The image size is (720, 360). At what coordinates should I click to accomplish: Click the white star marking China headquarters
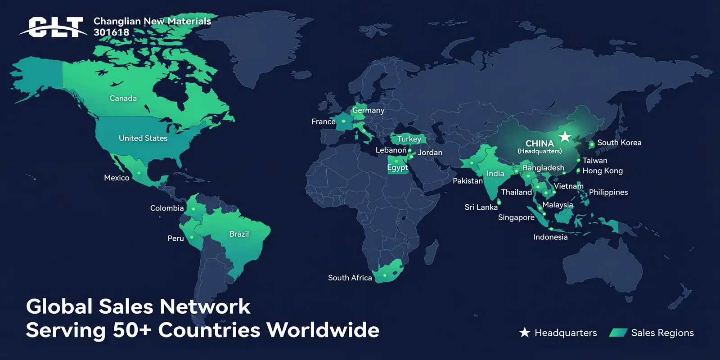pyautogui.click(x=565, y=136)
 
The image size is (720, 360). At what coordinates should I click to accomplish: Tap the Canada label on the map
pyautogui.click(x=123, y=98)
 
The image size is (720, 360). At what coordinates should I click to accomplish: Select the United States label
pyautogui.click(x=143, y=138)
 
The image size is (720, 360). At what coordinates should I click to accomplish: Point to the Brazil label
pyautogui.click(x=239, y=234)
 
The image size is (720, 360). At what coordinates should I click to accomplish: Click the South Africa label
pyautogui.click(x=350, y=278)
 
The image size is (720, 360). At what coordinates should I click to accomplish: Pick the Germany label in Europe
pyautogui.click(x=368, y=110)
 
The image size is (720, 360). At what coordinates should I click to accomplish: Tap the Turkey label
pyautogui.click(x=409, y=139)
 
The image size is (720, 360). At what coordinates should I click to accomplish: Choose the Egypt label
pyautogui.click(x=397, y=167)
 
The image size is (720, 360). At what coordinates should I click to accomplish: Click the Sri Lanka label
pyautogui.click(x=481, y=207)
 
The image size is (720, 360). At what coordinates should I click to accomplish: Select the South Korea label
pyautogui.click(x=619, y=143)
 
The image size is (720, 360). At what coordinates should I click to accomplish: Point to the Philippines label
pyautogui.click(x=608, y=192)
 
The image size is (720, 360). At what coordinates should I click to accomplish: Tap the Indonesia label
pyautogui.click(x=550, y=237)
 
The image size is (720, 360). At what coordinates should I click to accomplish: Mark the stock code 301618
pyautogui.click(x=111, y=32)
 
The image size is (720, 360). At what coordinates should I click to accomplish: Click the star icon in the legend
pyautogui.click(x=525, y=333)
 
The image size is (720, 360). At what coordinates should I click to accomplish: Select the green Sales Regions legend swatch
pyautogui.click(x=618, y=333)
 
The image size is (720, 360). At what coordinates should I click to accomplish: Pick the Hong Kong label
pyautogui.click(x=603, y=171)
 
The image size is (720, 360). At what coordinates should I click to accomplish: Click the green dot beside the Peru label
pyautogui.click(x=192, y=237)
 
